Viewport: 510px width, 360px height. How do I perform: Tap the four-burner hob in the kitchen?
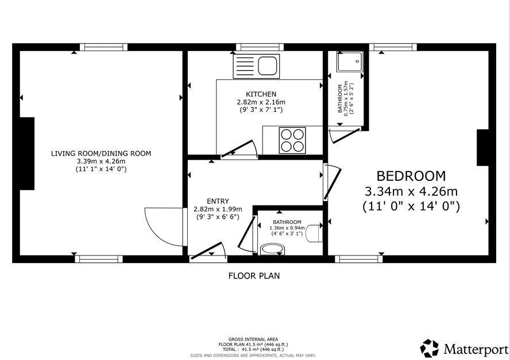pos(292,141)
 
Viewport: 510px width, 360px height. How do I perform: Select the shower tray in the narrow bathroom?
pos(350,61)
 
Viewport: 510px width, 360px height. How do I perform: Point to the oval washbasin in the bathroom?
pos(273,250)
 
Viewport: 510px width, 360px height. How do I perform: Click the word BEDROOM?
pos(411,176)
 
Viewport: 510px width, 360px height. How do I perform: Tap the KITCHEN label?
pos(261,94)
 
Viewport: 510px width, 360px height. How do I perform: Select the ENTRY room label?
pos(218,202)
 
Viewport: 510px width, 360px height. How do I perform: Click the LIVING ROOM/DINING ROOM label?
pos(101,153)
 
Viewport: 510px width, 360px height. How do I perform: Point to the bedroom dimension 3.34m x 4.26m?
pos(411,191)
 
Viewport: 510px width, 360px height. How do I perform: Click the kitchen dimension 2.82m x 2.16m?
pos(261,102)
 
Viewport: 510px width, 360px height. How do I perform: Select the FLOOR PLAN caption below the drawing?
pos(254,276)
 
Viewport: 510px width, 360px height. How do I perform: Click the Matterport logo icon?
pos(430,349)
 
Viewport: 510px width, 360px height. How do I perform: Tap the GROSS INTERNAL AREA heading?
pos(253,339)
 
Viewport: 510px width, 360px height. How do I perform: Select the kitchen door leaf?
pos(237,148)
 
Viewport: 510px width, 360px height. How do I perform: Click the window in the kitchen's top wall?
pos(260,47)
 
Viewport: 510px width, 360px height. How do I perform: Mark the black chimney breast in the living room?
pos(27,153)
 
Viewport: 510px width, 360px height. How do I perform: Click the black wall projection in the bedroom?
pos(483,148)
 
